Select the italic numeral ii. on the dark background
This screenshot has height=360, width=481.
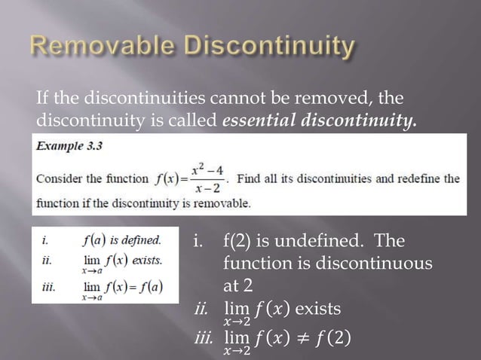click(x=201, y=309)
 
